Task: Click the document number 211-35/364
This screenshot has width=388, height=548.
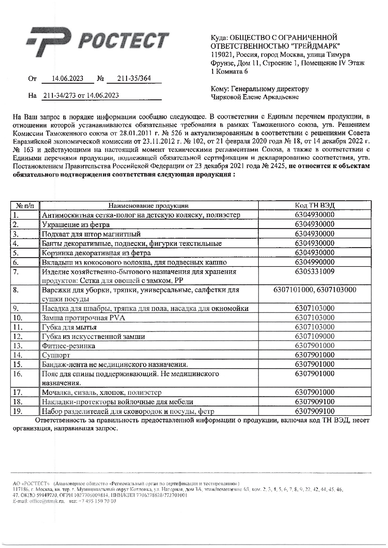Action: coord(134,78)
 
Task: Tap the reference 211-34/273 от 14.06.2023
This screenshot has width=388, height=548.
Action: coord(81,95)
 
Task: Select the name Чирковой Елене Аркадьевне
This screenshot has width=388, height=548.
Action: coord(255,97)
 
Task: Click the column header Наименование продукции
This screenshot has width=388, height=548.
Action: coord(149,206)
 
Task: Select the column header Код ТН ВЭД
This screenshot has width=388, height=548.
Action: coord(314,206)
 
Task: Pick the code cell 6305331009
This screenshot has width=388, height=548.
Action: coord(314,272)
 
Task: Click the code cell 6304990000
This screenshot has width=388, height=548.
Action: coord(314,262)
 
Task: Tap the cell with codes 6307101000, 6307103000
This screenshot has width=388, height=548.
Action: coord(314,290)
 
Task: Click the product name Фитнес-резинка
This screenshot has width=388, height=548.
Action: coord(69,346)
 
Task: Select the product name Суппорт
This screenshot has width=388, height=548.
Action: coord(56,355)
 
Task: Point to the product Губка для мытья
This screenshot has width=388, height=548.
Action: coord(69,327)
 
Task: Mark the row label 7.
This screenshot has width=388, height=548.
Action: coord(16,272)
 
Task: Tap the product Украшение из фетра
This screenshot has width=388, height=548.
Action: coord(76,225)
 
